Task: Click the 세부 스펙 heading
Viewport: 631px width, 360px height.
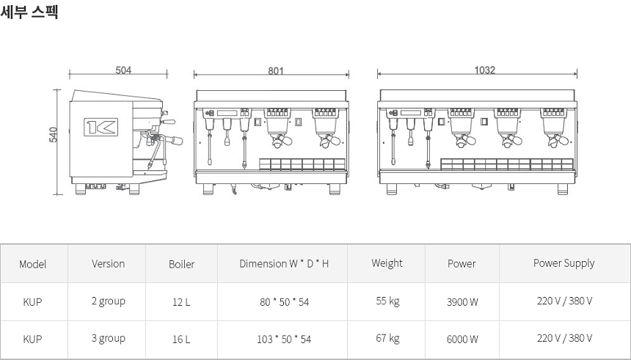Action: [x=29, y=11]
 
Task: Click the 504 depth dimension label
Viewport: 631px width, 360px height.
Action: [x=123, y=70]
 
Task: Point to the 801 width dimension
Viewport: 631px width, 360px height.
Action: [x=276, y=71]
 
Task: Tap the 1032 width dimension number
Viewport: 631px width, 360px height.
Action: [x=484, y=70]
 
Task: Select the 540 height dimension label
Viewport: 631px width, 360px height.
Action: [x=53, y=135]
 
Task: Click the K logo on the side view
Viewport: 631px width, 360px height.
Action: [x=101, y=127]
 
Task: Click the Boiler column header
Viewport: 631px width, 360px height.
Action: [x=181, y=264]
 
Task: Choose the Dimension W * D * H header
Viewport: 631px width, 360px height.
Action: [x=284, y=264]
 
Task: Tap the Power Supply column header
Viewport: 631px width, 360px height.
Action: [x=563, y=263]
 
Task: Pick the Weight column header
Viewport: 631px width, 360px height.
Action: [x=387, y=263]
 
